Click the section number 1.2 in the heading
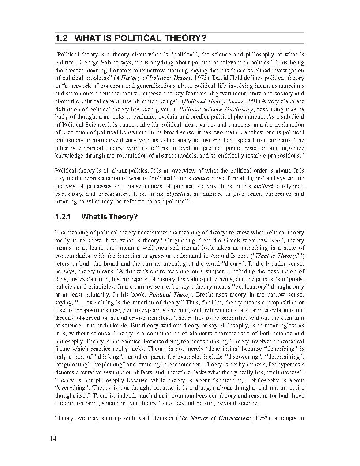click(x=61, y=38)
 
